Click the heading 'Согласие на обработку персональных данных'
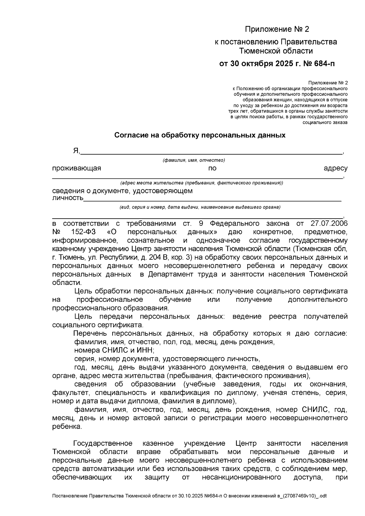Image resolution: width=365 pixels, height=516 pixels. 200,135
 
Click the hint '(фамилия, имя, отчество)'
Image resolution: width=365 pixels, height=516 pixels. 194,160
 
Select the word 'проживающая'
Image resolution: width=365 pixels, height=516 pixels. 76,168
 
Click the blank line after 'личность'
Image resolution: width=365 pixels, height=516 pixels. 212,200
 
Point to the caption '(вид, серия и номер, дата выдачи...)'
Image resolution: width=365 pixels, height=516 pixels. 200,207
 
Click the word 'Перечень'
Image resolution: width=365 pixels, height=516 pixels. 89,333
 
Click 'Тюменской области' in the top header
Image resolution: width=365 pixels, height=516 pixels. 276,51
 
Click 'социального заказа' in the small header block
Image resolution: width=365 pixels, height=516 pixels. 325,122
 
